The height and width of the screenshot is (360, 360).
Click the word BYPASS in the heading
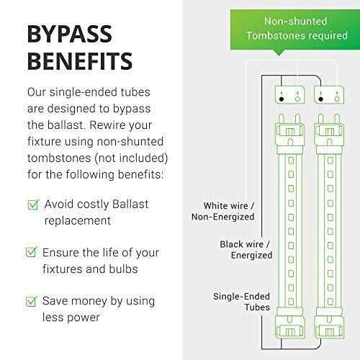tap(70, 34)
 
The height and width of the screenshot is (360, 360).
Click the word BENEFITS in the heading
tap(80, 61)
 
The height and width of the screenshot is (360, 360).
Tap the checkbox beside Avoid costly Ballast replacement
tap(33, 204)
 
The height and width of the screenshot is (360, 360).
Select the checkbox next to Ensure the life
tap(32, 252)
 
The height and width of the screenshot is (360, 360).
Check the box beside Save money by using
tap(32, 302)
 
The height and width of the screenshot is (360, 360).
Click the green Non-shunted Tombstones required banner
tap(295, 30)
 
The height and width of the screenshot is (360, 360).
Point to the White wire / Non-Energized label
tap(223, 211)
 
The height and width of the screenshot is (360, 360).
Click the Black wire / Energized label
tap(246, 250)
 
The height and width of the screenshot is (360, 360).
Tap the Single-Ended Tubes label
tap(241, 302)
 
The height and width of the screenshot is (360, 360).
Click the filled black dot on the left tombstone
tap(282, 99)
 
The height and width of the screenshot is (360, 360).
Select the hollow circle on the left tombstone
tap(297, 99)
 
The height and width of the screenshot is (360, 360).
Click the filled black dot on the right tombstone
tap(321, 99)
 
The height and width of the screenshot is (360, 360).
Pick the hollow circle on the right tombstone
tap(337, 99)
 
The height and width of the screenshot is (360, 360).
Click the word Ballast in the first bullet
tap(130, 204)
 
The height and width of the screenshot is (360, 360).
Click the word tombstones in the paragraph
tap(59, 158)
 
